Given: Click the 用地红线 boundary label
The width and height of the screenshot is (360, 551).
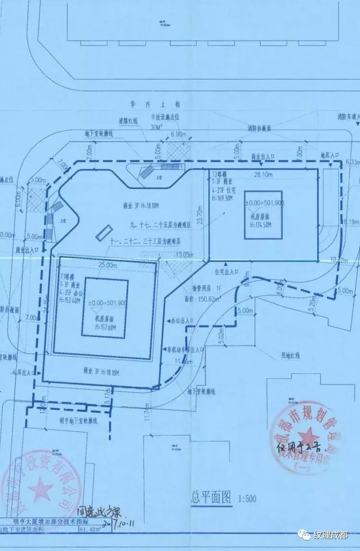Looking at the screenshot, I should coord(290,356).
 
